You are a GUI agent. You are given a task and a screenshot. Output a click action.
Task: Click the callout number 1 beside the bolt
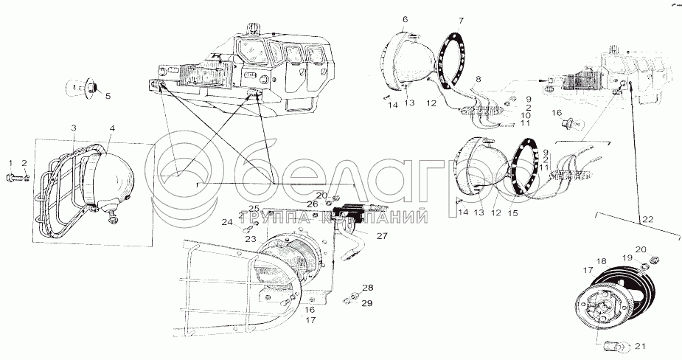point(10,162)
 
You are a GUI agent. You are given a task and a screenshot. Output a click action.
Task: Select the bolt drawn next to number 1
point(18,177)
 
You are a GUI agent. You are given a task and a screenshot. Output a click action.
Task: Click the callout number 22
point(647,218)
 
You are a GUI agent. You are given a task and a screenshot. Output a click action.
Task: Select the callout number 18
point(602,260)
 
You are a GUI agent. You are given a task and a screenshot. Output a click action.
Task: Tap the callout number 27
point(381,236)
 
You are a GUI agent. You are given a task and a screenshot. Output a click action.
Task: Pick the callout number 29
point(366,303)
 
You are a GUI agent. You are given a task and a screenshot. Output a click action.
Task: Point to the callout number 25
point(254,208)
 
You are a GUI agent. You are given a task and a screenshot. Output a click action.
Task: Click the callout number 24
point(228,221)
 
